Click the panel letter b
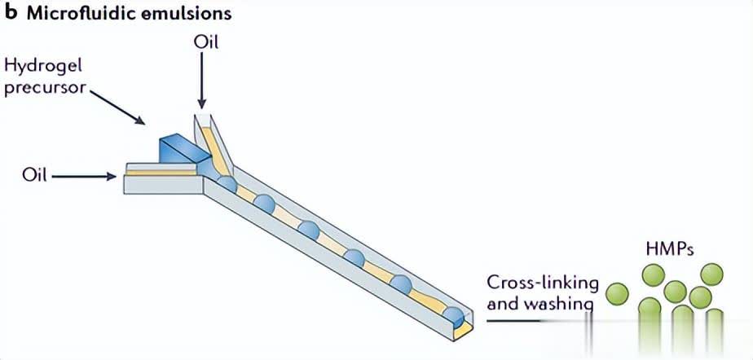11,14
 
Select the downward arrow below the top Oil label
200,81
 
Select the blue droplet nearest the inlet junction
227,183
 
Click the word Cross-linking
542,283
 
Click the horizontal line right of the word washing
530,320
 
